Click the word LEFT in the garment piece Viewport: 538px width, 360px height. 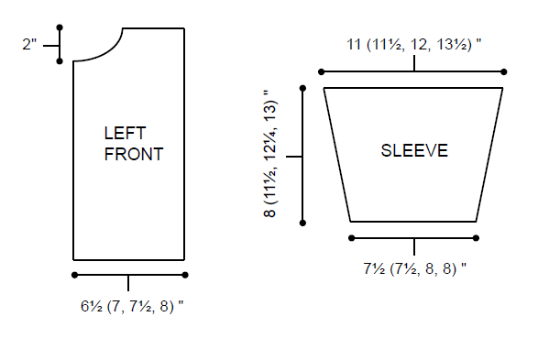tap(125, 133)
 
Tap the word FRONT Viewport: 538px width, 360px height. tap(134, 154)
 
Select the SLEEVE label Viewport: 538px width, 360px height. tap(414, 150)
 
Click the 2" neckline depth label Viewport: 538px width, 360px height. tap(29, 44)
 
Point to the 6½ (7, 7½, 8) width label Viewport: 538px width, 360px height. tap(132, 306)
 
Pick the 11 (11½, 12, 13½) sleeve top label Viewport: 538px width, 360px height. tap(413, 45)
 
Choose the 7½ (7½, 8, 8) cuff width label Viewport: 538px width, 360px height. tap(415, 268)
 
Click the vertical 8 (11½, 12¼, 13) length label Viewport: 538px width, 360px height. tap(269, 154)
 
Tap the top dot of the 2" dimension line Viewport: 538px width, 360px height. tap(60, 27)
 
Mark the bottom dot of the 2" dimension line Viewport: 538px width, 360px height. tap(60, 61)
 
